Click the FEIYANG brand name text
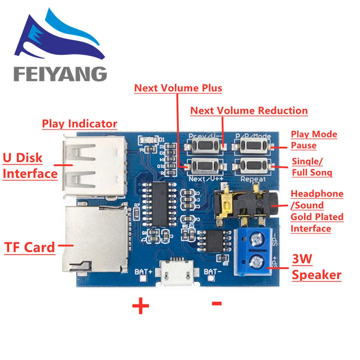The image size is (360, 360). [60, 74]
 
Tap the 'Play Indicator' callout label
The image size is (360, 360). [80, 124]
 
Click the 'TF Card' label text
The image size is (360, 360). [30, 247]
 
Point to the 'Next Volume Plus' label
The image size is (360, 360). [178, 88]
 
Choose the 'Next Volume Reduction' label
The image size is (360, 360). [249, 111]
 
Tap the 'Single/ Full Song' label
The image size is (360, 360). [312, 167]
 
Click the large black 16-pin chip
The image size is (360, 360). [160, 204]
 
